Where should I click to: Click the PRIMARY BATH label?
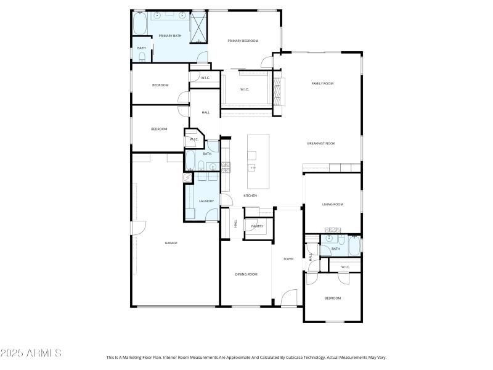[169, 36]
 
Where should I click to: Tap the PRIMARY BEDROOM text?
[243, 41]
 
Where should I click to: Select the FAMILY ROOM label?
[322, 83]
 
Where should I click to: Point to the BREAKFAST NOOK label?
[320, 143]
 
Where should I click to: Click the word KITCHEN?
[250, 195]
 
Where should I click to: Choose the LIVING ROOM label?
[333, 204]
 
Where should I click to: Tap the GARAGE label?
[171, 243]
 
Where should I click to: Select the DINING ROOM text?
[246, 274]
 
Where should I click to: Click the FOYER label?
[288, 259]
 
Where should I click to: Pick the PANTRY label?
[257, 226]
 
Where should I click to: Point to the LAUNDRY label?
[206, 201]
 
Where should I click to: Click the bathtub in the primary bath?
[140, 25]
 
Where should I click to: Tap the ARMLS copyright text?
[31, 353]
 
